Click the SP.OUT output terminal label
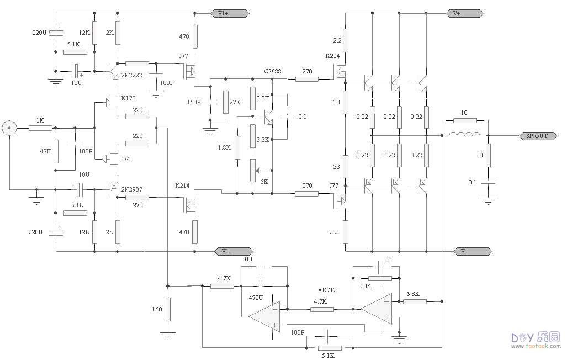[x=537, y=136]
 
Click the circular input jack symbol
[x=9, y=128]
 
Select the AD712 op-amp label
[x=327, y=289]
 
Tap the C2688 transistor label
[x=273, y=71]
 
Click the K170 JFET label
[x=128, y=98]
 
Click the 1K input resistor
[x=40, y=128]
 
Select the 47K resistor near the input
[x=56, y=151]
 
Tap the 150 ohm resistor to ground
[x=168, y=309]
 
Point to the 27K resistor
[x=225, y=102]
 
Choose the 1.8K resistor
[x=237, y=147]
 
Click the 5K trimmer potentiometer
[x=252, y=171]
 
